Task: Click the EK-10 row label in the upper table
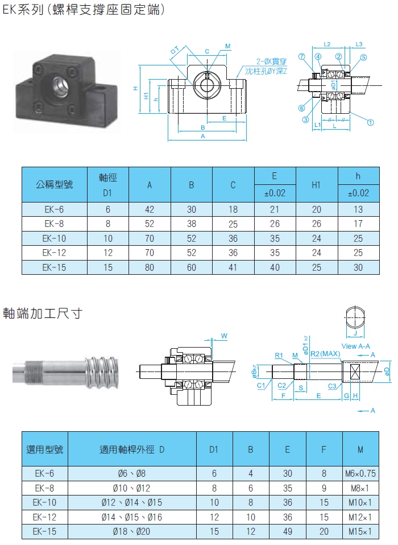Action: pyautogui.click(x=54, y=238)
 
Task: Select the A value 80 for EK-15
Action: pyautogui.click(x=150, y=267)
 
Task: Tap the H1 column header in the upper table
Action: pyautogui.click(x=316, y=185)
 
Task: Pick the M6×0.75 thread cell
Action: pyautogui.click(x=360, y=473)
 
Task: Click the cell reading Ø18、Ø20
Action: pyautogui.click(x=131, y=531)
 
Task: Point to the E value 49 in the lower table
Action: pyautogui.click(x=287, y=531)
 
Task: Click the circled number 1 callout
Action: pyautogui.click(x=370, y=122)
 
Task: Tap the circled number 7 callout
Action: pyautogui.click(x=301, y=57)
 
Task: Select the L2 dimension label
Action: pyautogui.click(x=327, y=44)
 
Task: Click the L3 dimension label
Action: pyautogui.click(x=359, y=44)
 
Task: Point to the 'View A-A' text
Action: pyautogui.click(x=355, y=346)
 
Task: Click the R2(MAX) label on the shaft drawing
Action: pyautogui.click(x=325, y=354)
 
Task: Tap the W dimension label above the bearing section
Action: pyautogui.click(x=224, y=336)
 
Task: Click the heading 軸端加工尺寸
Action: pyautogui.click(x=43, y=313)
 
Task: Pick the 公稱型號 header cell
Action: pyautogui.click(x=55, y=184)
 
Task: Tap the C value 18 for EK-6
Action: pyautogui.click(x=233, y=209)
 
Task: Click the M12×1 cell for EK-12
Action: pyautogui.click(x=360, y=517)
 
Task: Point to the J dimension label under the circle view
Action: pyautogui.click(x=355, y=333)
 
